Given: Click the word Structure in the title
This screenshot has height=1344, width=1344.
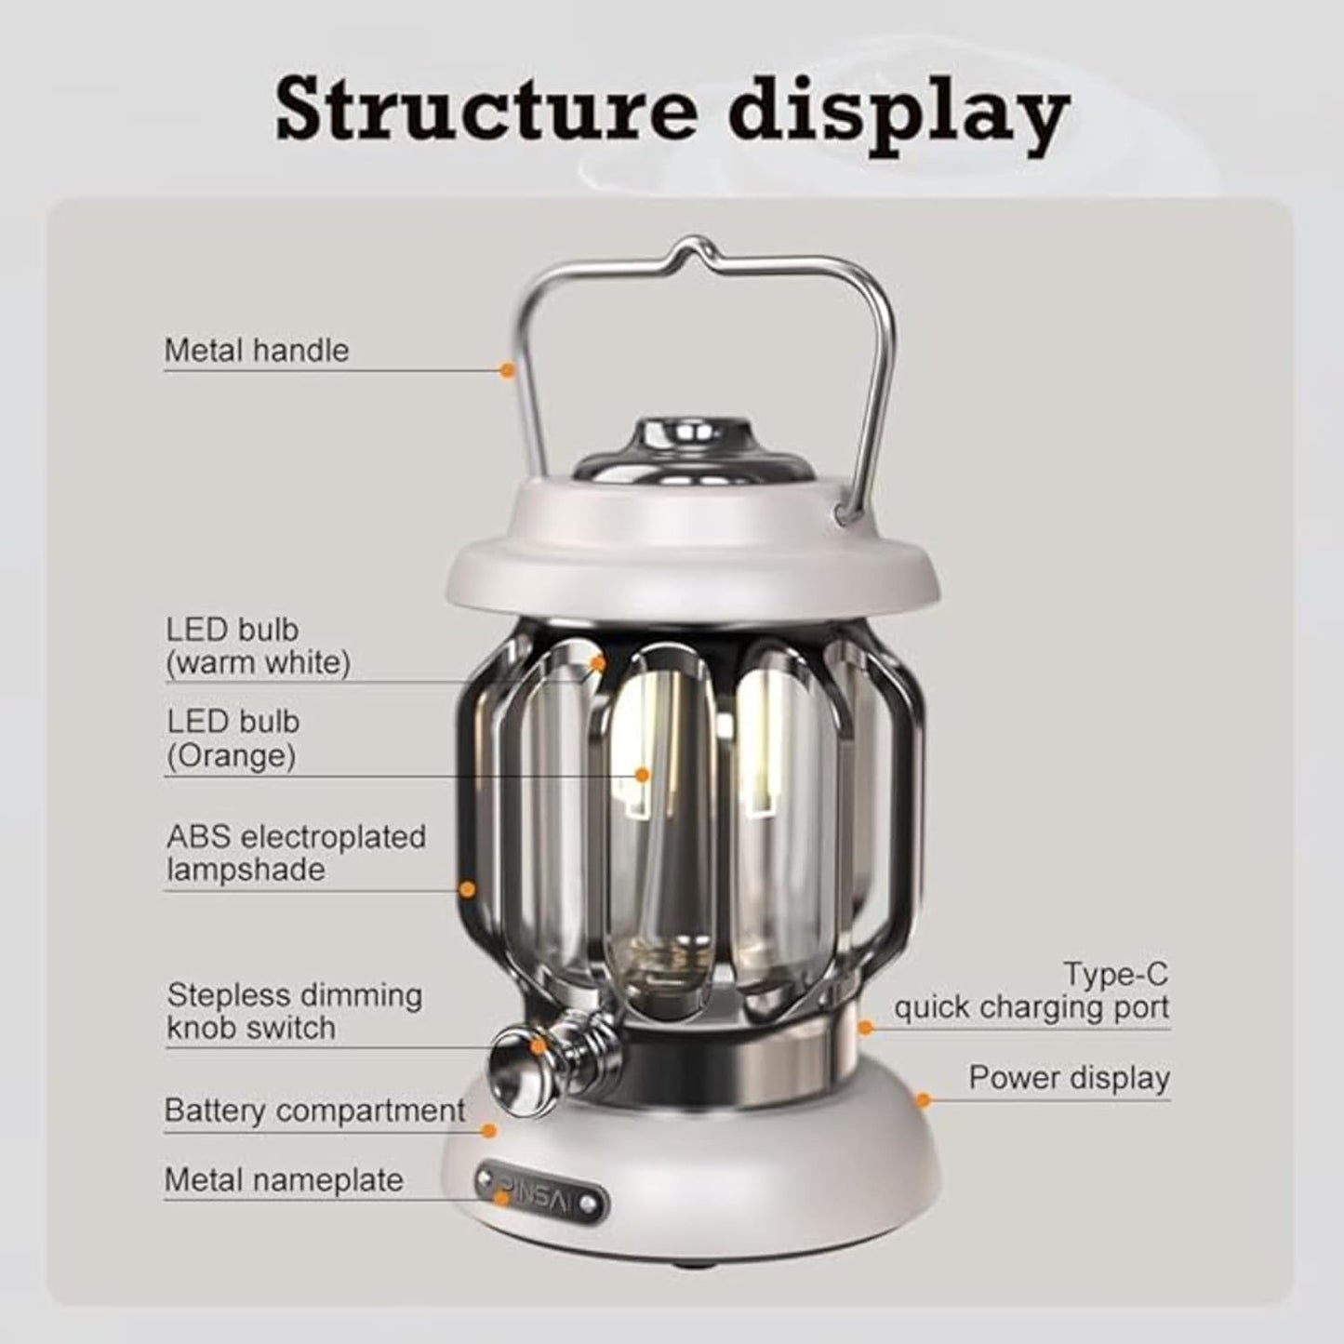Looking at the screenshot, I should coord(485,112).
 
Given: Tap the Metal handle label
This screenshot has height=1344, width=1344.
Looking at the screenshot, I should coord(257,351).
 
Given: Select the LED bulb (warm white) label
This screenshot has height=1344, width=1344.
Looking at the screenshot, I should coord(258,646).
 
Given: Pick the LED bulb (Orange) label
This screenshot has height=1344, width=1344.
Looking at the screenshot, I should coord(233,739).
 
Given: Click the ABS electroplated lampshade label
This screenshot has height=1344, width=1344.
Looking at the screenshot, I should coord(296,853).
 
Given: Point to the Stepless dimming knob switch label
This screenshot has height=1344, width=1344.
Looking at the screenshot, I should coord(294,1012).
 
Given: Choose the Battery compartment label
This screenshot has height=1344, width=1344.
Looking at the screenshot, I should coord(314,1111).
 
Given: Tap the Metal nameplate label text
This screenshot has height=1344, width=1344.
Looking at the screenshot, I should coord(284,1180).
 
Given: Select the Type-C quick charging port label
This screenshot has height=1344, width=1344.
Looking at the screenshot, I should coord(1032,991).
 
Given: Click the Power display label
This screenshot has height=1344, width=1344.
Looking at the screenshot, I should coord(1069,1078).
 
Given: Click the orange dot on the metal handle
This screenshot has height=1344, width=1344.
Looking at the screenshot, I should coord(507,370).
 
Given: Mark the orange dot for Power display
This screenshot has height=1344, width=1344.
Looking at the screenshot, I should coord(923,1101).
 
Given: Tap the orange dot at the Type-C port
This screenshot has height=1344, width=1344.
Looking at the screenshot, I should coord(865,1028).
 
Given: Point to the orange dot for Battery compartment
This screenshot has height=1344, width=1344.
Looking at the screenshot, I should coord(489,1130).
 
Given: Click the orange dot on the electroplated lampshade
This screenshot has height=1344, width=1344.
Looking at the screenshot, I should coord(468,890).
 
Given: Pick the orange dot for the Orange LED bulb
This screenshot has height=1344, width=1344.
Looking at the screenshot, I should coord(642,774).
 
